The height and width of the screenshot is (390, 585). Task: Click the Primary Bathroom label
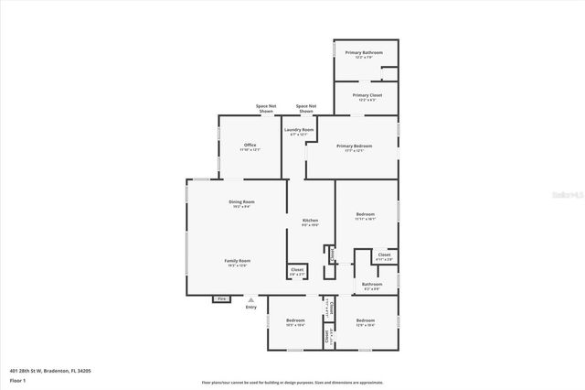point(364,53)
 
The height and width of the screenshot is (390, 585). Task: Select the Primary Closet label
point(367,94)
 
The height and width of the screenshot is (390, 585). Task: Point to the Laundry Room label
point(299,130)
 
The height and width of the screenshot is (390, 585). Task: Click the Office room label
point(250,145)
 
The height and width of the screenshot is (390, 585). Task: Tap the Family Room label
point(238,260)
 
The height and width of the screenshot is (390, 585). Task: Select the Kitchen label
point(311,221)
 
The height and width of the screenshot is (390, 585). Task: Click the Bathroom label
point(372,284)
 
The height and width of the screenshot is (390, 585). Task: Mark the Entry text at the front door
point(251,307)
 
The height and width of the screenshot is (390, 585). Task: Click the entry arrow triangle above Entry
point(251,299)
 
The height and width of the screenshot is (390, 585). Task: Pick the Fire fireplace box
point(220,298)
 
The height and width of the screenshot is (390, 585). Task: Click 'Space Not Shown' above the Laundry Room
point(306,109)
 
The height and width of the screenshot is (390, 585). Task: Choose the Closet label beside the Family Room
point(297,269)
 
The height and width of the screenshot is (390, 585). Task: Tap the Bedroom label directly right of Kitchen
point(366,214)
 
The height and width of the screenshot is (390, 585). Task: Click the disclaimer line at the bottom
point(292,380)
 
